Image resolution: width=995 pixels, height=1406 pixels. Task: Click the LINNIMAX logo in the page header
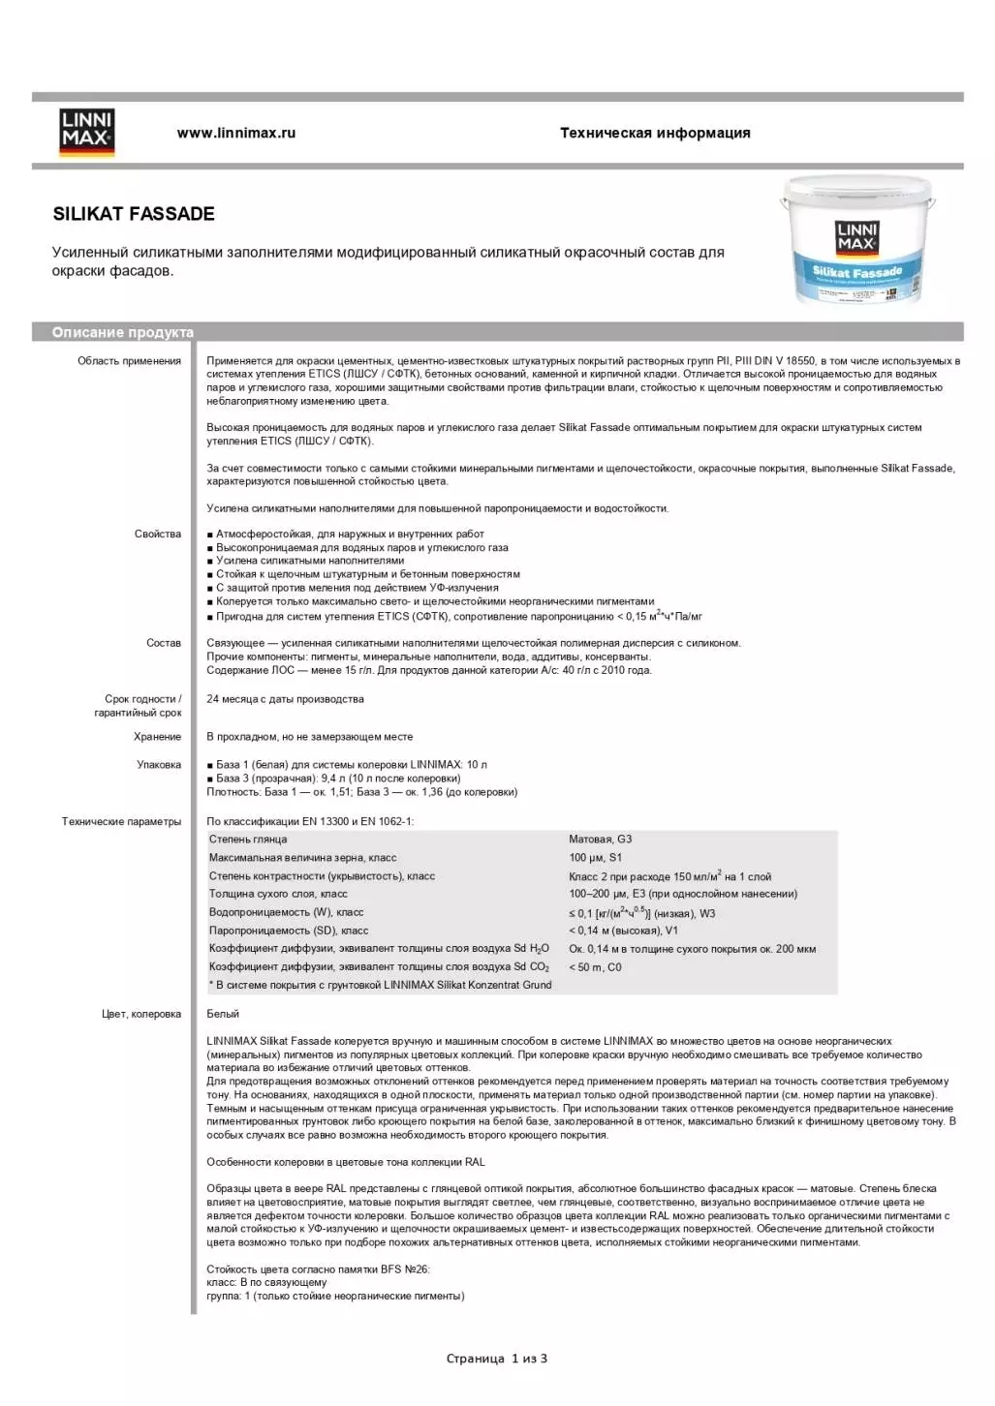tap(87, 133)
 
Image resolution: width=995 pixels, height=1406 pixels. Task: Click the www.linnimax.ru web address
tap(235, 134)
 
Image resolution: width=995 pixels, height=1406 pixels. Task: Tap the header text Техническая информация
tap(655, 134)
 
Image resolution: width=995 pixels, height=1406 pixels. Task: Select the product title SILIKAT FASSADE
tap(134, 214)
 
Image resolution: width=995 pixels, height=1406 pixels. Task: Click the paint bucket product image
tap(857, 241)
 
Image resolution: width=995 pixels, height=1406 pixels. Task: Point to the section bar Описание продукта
tap(123, 332)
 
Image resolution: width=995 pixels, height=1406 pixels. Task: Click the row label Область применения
tap(129, 361)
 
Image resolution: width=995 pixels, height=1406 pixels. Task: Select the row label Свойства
tap(157, 534)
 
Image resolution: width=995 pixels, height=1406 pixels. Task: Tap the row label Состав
tap(163, 643)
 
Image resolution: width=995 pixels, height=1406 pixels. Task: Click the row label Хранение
tap(157, 737)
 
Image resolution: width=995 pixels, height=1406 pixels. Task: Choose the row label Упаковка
tap(159, 765)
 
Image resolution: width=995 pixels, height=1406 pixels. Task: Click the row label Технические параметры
tap(121, 822)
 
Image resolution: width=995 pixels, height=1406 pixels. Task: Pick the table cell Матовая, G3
tap(600, 840)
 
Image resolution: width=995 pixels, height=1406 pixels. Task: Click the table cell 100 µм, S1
tap(596, 858)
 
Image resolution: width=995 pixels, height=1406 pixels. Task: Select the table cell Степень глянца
tap(248, 840)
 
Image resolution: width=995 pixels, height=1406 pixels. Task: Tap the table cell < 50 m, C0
tap(595, 967)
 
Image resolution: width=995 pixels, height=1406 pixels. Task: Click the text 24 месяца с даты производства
tap(285, 699)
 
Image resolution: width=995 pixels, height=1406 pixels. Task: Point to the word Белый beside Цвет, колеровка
tap(223, 1014)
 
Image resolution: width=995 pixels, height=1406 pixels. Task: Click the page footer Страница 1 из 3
tap(497, 1359)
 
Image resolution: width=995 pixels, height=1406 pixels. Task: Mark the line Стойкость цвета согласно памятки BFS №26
tap(318, 1269)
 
